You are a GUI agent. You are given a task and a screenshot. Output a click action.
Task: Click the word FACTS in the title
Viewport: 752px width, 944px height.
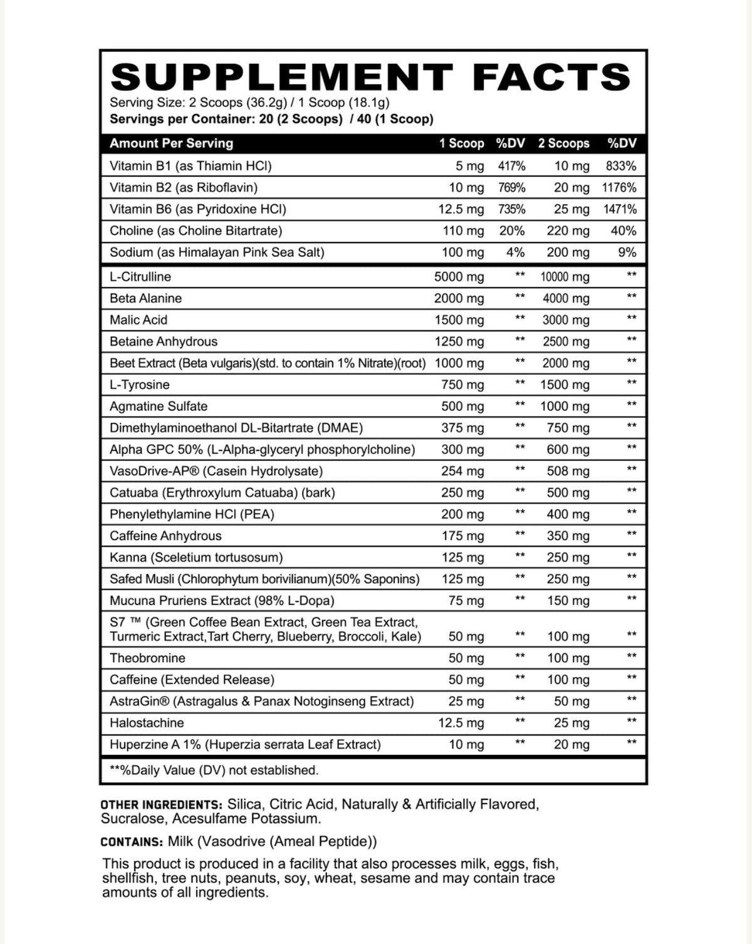[551, 77]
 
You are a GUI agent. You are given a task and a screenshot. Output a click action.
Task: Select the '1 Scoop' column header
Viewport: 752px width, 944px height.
[461, 143]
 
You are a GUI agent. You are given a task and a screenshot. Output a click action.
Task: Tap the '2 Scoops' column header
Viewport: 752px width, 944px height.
[563, 143]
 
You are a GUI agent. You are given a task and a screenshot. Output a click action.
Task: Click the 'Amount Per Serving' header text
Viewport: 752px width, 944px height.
[171, 143]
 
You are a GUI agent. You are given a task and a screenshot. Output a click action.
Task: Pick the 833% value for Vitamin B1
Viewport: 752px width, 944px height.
[620, 166]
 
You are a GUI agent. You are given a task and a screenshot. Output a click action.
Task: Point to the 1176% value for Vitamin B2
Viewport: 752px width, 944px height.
[619, 187]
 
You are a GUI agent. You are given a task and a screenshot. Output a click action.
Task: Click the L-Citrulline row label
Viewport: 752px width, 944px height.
[140, 277]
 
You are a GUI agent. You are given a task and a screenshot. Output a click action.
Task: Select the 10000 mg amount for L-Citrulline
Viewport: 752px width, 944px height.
[565, 277]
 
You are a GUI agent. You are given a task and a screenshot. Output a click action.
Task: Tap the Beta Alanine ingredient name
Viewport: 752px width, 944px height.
[145, 298]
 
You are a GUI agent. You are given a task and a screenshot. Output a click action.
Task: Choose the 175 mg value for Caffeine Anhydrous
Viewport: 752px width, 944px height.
[462, 536]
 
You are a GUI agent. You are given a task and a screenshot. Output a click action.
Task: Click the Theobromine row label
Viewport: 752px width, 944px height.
[147, 658]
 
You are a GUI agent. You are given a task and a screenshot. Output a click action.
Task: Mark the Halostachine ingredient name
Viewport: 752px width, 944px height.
[147, 723]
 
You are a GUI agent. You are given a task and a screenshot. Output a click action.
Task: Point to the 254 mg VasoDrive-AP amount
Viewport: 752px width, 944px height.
[462, 471]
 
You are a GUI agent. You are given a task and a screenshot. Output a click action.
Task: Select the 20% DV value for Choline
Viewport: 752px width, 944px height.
[511, 231]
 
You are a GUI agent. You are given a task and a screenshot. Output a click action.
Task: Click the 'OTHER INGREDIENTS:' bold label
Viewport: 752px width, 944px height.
[161, 805]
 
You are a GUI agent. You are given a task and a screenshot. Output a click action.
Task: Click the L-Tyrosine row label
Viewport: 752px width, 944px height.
[139, 385]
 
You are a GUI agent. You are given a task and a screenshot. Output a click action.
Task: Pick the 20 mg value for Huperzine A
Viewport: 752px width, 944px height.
[572, 745]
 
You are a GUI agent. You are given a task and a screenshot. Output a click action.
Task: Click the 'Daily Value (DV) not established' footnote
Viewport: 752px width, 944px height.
[214, 770]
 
